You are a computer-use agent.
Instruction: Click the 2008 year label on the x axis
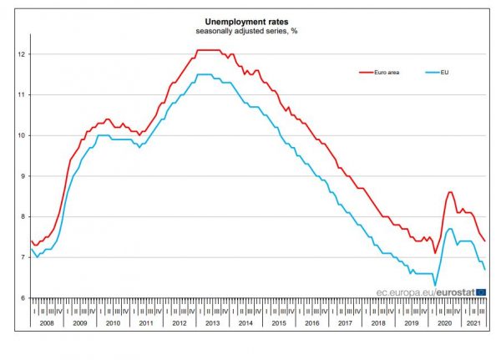[x=46, y=322]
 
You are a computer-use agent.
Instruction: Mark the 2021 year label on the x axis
[x=473, y=322]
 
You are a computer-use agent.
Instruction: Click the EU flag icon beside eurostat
[x=480, y=292]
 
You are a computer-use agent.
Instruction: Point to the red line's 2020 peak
[x=450, y=192]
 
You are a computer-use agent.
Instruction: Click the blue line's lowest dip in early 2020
[x=434, y=285]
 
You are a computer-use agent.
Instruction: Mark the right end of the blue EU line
[x=485, y=269]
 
